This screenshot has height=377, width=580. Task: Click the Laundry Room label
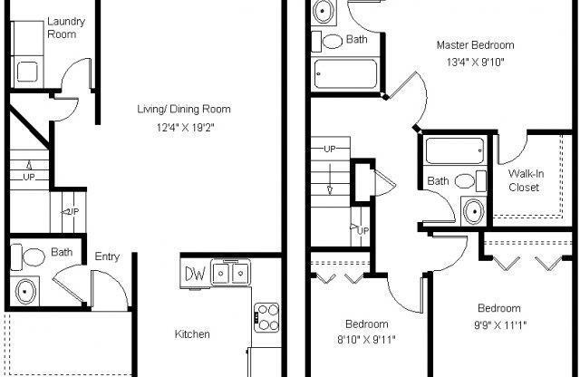[x=61, y=27]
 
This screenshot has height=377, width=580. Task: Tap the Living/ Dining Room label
[x=183, y=110]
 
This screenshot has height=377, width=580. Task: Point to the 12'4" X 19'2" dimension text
[x=183, y=128]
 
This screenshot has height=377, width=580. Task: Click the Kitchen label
[x=192, y=334]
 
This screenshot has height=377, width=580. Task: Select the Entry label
[x=107, y=257]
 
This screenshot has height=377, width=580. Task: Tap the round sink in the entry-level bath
[x=27, y=292]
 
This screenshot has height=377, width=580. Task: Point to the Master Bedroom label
[x=475, y=45]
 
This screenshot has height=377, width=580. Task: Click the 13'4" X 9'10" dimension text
[x=475, y=63]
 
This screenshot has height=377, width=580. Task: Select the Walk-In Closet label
[x=524, y=180]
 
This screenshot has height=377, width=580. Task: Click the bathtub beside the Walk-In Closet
[x=456, y=150]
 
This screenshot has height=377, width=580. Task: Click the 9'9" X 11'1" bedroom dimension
[x=499, y=324]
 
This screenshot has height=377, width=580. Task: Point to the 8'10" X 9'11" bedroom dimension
[x=367, y=341]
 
